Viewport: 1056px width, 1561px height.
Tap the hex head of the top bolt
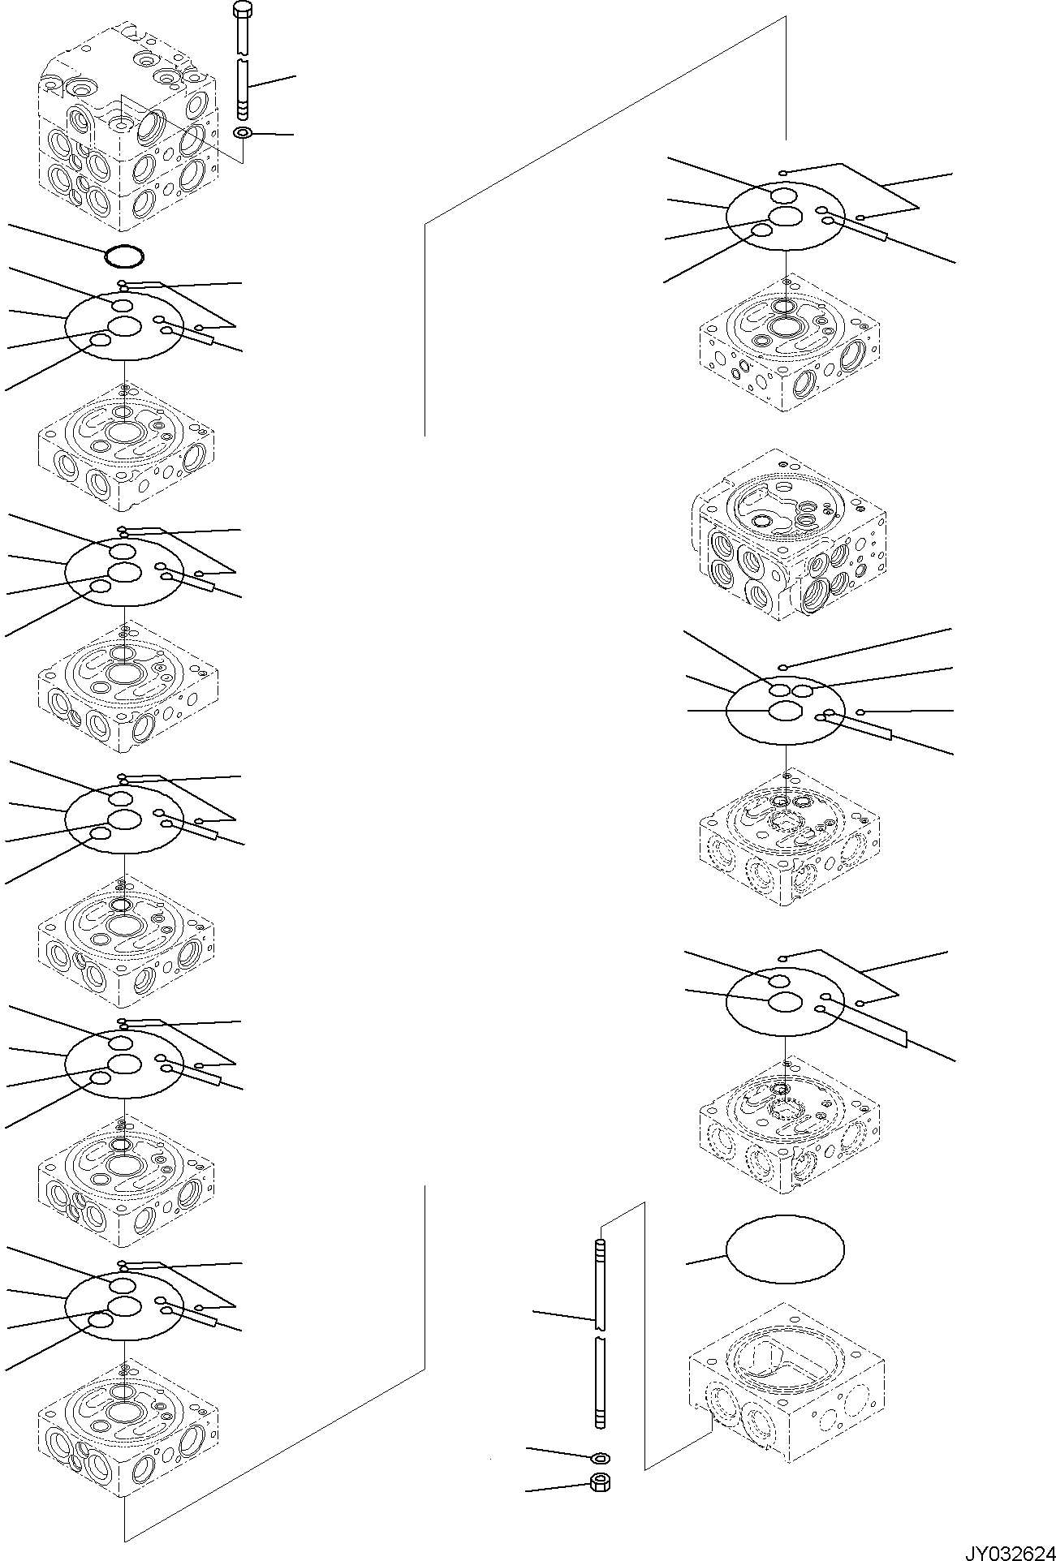243,10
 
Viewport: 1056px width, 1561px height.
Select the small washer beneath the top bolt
242,133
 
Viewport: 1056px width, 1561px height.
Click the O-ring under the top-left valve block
125,257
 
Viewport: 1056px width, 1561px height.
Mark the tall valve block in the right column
787,534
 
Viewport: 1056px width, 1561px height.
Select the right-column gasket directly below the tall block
785,707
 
